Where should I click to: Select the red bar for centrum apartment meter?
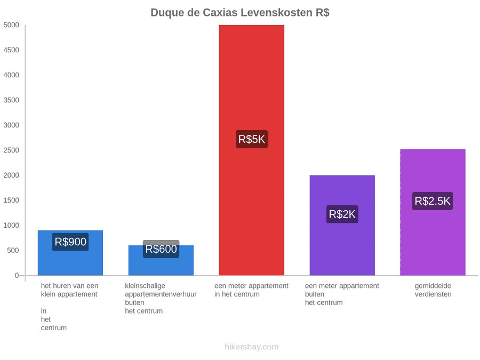coord(251,150)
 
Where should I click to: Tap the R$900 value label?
coord(70,242)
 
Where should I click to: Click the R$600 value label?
coord(161,249)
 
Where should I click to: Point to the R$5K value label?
coord(252,139)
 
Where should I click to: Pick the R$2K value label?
coord(342,214)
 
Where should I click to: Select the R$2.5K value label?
coord(433,201)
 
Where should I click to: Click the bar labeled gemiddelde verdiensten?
coord(433,212)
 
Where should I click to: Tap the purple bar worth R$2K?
coord(342,225)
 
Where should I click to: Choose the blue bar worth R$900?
coord(70,253)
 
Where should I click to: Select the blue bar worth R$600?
coord(161,260)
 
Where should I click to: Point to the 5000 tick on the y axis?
coord(11,25)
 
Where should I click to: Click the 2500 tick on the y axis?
coord(11,150)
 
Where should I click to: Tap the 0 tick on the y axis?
coord(17,276)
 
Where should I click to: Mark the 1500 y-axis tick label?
coord(11,200)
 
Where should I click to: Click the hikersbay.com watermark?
coord(252,347)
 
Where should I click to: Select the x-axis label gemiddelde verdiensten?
coord(433,290)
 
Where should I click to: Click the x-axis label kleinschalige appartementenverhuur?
coord(161,290)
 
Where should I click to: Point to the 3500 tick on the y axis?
coord(11,100)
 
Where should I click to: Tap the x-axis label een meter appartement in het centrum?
coord(251,290)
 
